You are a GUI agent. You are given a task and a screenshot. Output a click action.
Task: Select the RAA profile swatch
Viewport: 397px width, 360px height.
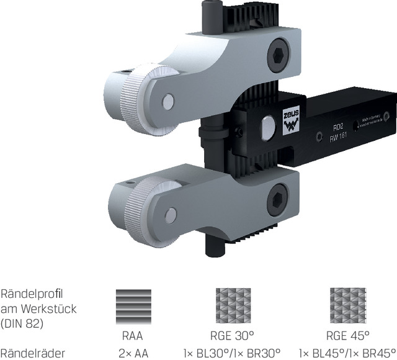pyautogui.click(x=133, y=305)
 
